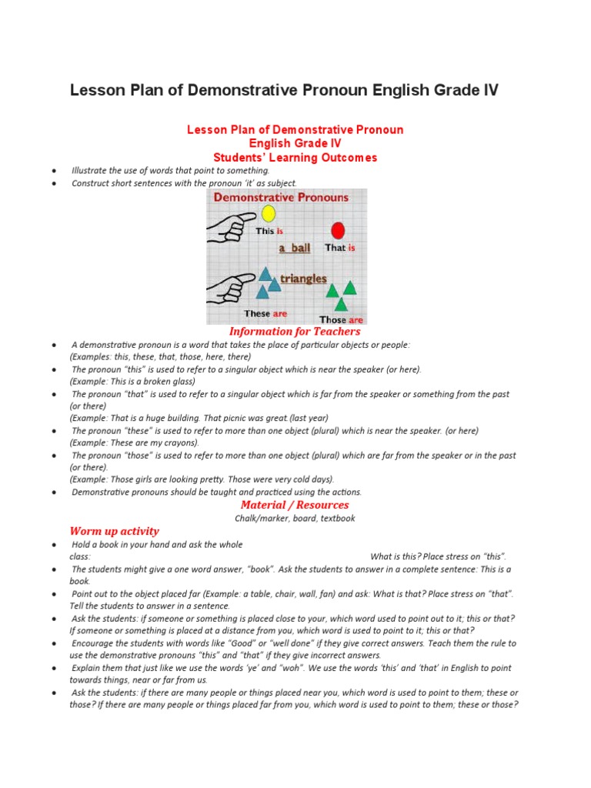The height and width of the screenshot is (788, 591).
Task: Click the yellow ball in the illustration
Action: (268, 213)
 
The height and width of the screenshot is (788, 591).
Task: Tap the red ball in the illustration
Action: (337, 229)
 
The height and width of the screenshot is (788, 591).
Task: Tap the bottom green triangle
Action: (341, 305)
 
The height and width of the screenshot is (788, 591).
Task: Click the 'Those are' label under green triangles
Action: (341, 319)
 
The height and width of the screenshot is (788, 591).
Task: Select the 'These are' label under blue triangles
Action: (265, 313)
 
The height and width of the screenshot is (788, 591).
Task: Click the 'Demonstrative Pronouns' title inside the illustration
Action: (281, 197)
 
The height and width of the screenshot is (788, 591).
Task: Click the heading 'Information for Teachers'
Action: (295, 332)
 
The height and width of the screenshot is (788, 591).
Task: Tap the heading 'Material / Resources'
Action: (295, 505)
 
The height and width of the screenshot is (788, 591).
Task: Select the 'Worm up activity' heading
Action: (114, 531)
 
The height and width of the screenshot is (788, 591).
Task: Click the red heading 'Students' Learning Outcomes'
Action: (295, 158)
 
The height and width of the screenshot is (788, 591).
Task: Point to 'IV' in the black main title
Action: (490, 91)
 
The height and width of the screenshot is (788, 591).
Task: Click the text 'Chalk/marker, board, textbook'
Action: (295, 519)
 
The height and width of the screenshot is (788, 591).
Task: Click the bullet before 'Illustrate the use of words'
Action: (54, 171)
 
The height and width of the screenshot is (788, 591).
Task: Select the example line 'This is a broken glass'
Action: (132, 382)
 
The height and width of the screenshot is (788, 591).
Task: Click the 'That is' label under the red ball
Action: (340, 248)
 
